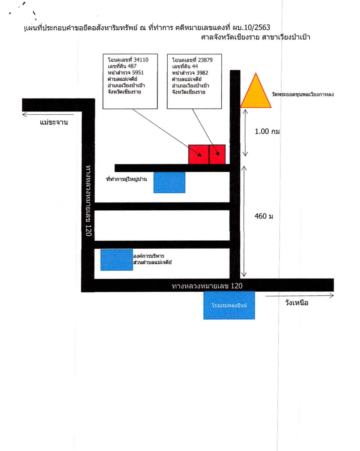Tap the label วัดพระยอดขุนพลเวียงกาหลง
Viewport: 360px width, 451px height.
(x=303, y=94)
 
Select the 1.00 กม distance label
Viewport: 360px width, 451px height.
(x=267, y=132)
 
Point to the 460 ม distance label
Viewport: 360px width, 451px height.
(x=264, y=216)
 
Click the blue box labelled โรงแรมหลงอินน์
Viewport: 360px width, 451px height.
(x=229, y=305)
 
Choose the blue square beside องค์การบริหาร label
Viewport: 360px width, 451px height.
(x=117, y=260)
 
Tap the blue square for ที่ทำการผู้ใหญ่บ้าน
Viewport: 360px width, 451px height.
(x=169, y=182)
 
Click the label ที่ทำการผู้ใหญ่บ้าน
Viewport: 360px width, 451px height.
(x=126, y=179)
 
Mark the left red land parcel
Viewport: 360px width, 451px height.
(x=198, y=154)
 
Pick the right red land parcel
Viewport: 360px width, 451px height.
(x=217, y=154)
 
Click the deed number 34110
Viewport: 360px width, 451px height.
(x=141, y=60)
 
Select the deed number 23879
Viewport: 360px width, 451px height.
(x=205, y=60)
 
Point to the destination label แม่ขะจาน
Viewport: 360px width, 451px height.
(x=54, y=122)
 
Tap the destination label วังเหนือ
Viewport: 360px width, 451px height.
(x=297, y=303)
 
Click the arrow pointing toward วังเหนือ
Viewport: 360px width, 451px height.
(x=300, y=296)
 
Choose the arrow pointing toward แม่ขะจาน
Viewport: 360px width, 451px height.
(x=48, y=115)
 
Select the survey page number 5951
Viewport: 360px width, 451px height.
(x=138, y=73)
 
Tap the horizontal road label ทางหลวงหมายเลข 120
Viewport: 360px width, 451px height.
(x=207, y=286)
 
